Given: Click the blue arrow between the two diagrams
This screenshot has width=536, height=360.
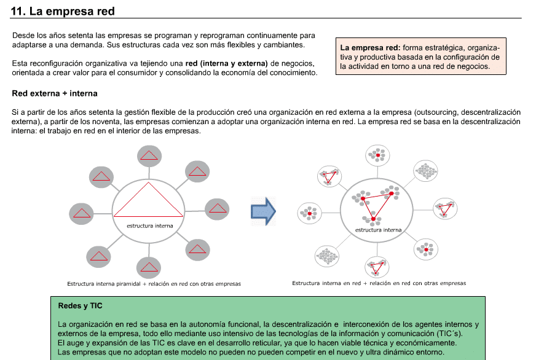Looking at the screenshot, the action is click(263, 211).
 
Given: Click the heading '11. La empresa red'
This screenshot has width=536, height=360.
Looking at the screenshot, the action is click(63, 11).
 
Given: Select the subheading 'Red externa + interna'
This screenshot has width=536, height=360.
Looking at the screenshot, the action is click(55, 93).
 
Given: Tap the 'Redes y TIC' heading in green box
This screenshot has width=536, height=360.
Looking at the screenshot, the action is click(80, 306).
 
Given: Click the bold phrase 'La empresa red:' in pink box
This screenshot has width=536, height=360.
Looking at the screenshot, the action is click(370, 47).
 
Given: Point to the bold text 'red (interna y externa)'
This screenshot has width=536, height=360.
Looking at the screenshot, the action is click(226, 63).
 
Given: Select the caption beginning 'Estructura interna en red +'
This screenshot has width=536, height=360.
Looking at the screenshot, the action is click(379, 283).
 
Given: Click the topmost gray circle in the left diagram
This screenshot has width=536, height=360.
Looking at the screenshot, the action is click(149, 156).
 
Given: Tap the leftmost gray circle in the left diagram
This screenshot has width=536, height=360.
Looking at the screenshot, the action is click(81, 213).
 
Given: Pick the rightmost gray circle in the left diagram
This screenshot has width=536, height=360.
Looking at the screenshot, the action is click(217, 209).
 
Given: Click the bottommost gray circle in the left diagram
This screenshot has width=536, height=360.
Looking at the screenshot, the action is click(149, 267).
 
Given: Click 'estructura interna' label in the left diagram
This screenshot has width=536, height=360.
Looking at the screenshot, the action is click(150, 226).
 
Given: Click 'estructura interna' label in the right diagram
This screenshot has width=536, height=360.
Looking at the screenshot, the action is click(379, 230).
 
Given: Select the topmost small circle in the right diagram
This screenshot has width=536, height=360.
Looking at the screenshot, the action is click(377, 155).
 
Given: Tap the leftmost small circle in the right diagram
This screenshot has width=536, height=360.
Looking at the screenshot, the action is click(309, 213).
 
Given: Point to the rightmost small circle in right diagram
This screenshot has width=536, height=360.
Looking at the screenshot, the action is click(445, 208).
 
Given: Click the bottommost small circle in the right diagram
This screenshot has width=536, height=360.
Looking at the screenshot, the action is click(377, 267).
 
